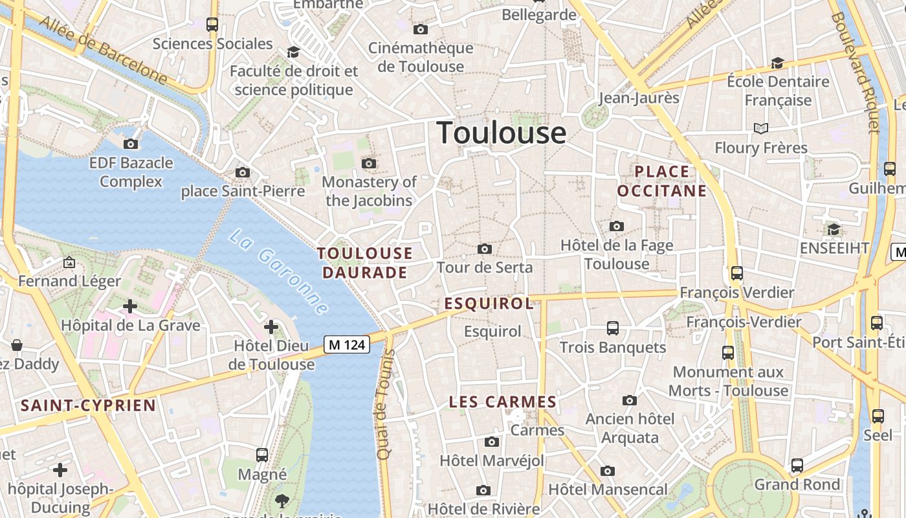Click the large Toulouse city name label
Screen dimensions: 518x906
point(502,133)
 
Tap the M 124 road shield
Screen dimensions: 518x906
point(347,345)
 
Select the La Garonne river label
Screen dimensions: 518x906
point(279,272)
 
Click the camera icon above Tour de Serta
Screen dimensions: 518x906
point(484,249)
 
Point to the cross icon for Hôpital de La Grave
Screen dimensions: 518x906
point(130,306)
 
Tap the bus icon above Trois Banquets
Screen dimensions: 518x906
point(613,328)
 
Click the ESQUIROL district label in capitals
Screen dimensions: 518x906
point(489,303)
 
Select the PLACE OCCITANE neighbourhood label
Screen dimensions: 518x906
point(661,181)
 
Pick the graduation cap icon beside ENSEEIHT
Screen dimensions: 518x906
point(834,230)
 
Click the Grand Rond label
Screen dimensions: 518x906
point(797,484)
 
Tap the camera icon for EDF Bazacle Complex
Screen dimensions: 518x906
point(131,144)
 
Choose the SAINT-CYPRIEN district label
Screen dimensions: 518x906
point(88,406)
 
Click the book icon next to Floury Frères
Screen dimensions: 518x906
point(761,128)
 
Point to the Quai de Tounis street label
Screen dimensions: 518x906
point(386,405)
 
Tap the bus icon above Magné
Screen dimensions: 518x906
point(262,455)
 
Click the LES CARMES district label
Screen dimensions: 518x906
point(503,402)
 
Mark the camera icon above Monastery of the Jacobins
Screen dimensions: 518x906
point(369,163)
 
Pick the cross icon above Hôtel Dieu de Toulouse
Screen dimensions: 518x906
point(271,327)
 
